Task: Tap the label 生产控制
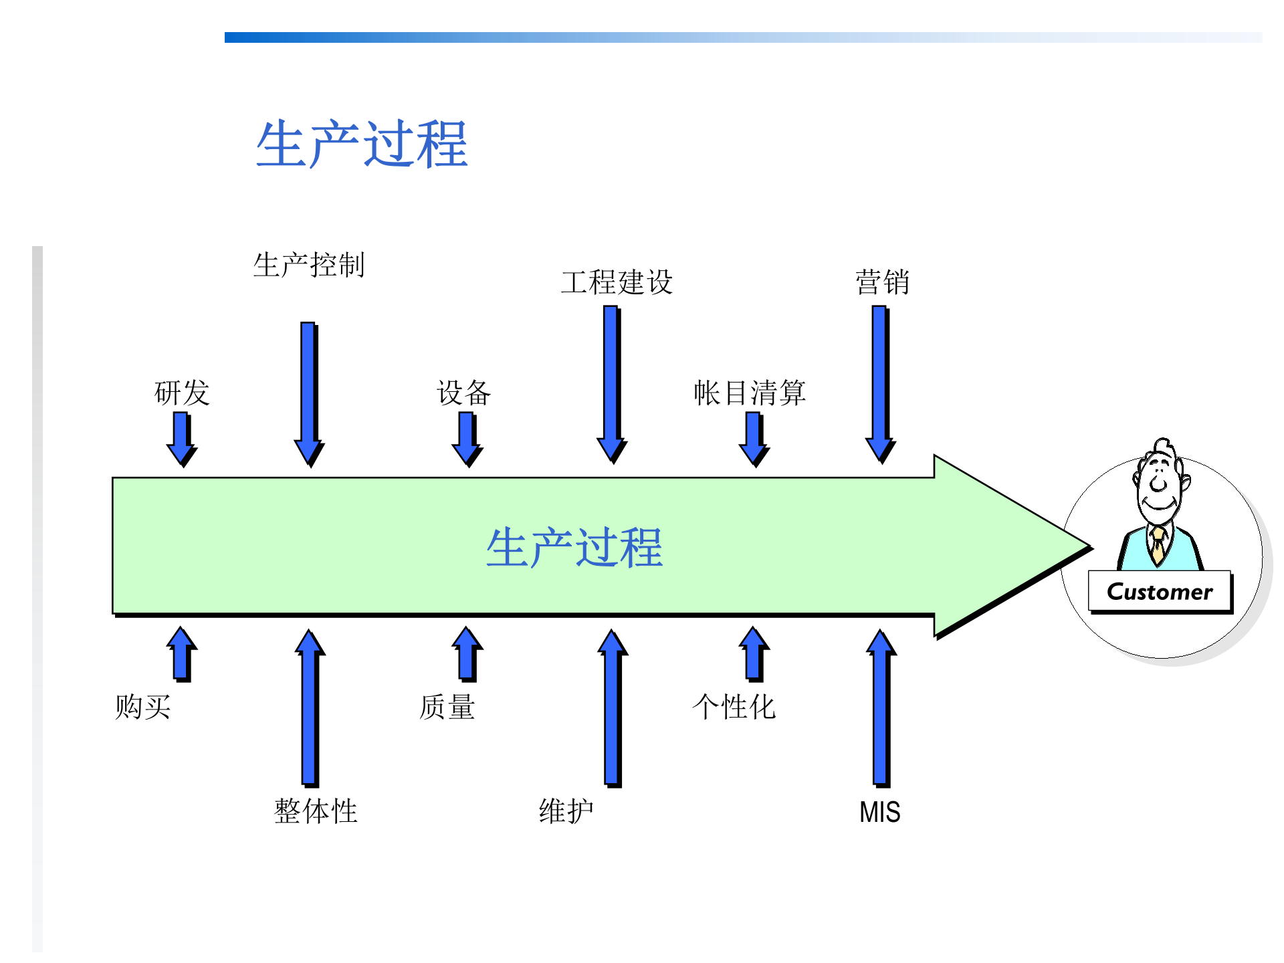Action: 309,265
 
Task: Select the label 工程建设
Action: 617,282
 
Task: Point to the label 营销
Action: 882,282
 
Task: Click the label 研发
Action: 182,393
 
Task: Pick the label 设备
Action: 464,393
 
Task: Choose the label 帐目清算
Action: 750,393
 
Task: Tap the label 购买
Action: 143,707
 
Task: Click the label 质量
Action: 447,707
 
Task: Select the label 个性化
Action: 734,707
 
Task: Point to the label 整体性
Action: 316,811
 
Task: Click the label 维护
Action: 566,811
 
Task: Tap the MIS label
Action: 879,813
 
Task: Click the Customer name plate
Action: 1160,592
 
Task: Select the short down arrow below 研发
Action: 181,438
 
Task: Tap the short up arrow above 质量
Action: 467,653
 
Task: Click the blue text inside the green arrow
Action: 574,548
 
